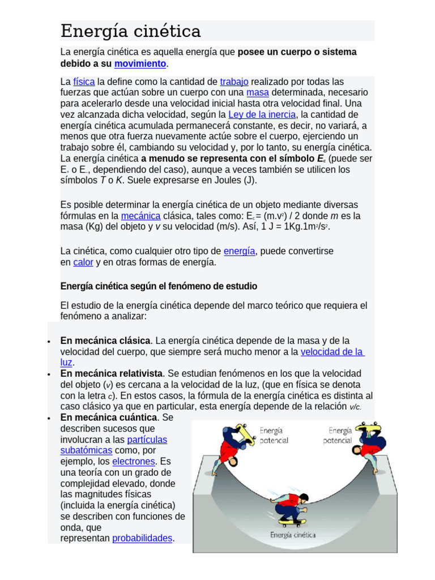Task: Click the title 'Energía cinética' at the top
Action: click(131, 31)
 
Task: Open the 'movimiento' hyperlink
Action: click(140, 63)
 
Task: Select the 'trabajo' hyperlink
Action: click(234, 82)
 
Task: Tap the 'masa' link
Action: click(258, 92)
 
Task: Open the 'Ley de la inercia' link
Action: click(262, 114)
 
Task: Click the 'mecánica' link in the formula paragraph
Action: click(140, 216)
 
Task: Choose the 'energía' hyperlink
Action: click(239, 251)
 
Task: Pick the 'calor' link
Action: click(83, 262)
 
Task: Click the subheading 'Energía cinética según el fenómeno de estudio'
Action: click(159, 286)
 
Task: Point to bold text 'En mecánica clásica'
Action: click(105, 340)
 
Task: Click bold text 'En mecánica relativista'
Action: click(112, 374)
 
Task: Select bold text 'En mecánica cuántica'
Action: click(108, 417)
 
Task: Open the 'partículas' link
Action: click(147, 440)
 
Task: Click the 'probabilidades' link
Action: click(142, 538)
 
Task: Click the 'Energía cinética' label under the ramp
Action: click(292, 534)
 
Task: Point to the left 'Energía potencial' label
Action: click(274, 436)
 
